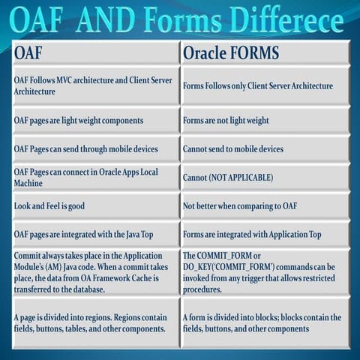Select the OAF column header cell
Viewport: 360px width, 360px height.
[x=94, y=53]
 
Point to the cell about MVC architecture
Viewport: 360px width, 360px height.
[x=94, y=85]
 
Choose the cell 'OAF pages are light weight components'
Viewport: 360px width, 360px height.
[x=94, y=120]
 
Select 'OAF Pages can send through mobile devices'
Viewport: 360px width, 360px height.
[x=94, y=148]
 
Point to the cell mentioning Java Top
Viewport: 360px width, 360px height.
[x=94, y=235]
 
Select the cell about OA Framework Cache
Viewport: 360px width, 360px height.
[x=94, y=271]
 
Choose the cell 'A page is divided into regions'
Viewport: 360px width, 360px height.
[x=94, y=323]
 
